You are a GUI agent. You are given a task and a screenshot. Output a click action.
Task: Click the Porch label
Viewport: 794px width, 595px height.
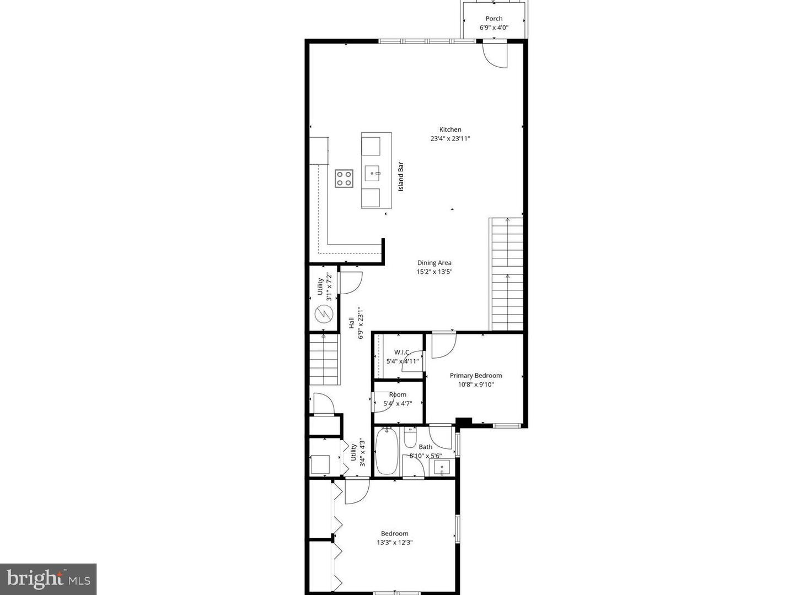click(x=493, y=19)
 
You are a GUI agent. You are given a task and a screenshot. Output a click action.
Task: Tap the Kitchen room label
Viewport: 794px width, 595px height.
click(x=450, y=129)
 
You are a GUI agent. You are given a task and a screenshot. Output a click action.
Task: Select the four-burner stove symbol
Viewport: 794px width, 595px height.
click(x=344, y=178)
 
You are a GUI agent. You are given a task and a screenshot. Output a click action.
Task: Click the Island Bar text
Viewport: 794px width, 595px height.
click(x=401, y=176)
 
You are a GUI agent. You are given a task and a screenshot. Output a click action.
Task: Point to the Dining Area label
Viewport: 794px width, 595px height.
click(x=434, y=263)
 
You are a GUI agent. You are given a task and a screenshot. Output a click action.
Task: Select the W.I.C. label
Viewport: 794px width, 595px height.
click(x=402, y=352)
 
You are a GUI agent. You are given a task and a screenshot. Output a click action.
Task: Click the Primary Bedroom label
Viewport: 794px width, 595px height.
click(x=475, y=376)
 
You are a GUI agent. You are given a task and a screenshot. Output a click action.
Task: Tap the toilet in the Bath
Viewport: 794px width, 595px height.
click(x=410, y=439)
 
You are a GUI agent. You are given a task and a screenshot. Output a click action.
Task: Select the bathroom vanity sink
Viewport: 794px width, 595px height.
click(x=442, y=468)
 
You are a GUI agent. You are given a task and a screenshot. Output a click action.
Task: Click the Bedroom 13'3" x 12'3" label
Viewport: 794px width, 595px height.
click(x=394, y=533)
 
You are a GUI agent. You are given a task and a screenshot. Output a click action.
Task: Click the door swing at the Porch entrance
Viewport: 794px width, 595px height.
click(x=495, y=56)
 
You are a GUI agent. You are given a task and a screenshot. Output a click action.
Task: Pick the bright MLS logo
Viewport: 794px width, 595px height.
click(x=48, y=578)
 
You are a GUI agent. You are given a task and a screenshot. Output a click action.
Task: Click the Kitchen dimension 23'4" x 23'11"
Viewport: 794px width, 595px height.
click(x=450, y=139)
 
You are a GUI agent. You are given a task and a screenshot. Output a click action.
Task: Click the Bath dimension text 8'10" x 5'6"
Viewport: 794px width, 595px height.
click(x=425, y=456)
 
